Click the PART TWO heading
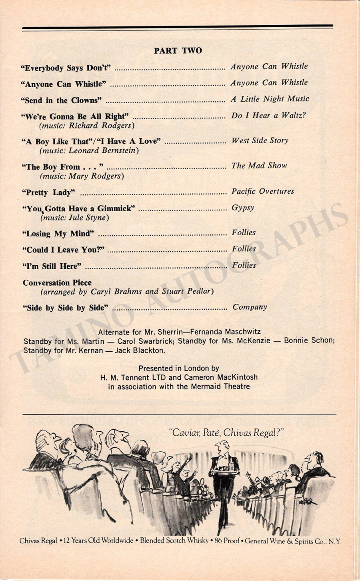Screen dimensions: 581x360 (x=178, y=51)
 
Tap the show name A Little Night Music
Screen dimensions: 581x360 (x=270, y=99)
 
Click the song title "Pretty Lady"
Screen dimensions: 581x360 (x=48, y=192)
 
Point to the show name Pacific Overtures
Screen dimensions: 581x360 (x=263, y=191)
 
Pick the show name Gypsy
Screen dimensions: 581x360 (x=243, y=208)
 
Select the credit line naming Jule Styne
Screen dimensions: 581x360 (x=74, y=218)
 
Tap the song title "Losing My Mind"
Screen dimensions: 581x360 (x=58, y=234)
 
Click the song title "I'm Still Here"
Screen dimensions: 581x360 (x=52, y=266)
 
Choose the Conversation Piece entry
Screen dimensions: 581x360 (x=57, y=283)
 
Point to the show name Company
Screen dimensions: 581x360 (x=250, y=307)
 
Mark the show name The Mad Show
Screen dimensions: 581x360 (x=259, y=166)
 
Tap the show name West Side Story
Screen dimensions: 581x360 (x=260, y=141)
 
